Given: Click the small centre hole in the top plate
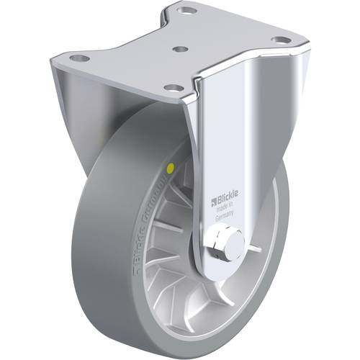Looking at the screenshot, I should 181,50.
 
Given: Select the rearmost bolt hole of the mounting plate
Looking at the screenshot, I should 188,12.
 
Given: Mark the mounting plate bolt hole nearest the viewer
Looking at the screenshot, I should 171,88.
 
